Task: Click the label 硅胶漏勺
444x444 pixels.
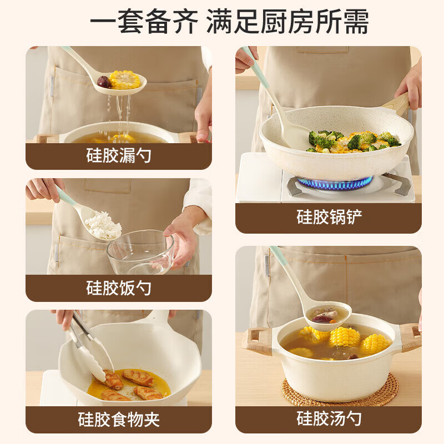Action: coord(119,155)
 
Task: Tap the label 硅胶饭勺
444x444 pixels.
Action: coord(119,287)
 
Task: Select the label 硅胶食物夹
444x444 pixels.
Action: coord(119,420)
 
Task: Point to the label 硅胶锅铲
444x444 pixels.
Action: coord(329,217)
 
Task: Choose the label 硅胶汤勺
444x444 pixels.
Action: coord(329,418)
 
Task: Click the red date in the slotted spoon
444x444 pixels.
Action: coord(104,82)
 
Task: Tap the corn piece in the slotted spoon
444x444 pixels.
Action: coord(125,79)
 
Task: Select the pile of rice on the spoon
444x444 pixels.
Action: coord(103,225)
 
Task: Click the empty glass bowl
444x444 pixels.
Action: coord(140,252)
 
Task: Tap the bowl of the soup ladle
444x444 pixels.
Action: coord(329,315)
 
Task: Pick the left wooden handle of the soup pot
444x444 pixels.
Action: coord(258,341)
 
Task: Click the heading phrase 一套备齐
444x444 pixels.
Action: coord(144,21)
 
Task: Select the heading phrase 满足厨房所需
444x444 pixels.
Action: coord(287,21)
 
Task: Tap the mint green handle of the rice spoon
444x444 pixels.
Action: coord(66,196)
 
